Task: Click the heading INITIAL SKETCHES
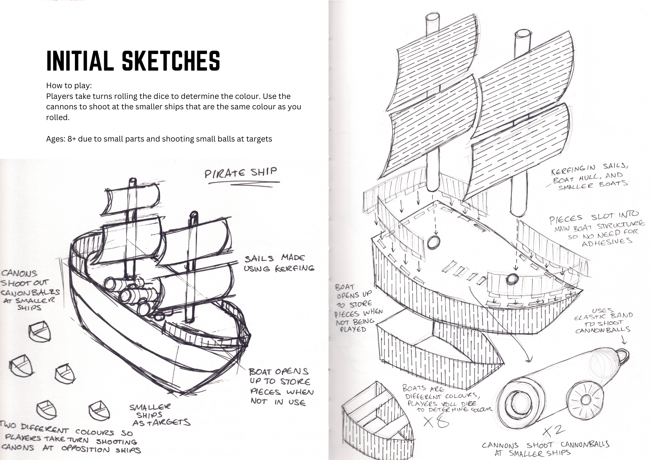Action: click(x=133, y=61)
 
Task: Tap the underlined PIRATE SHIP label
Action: click(x=241, y=173)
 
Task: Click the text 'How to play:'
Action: click(x=69, y=86)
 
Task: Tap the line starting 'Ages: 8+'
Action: click(x=159, y=139)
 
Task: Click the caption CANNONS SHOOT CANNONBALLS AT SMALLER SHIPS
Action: click(x=545, y=449)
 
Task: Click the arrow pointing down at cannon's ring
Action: click(x=624, y=340)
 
